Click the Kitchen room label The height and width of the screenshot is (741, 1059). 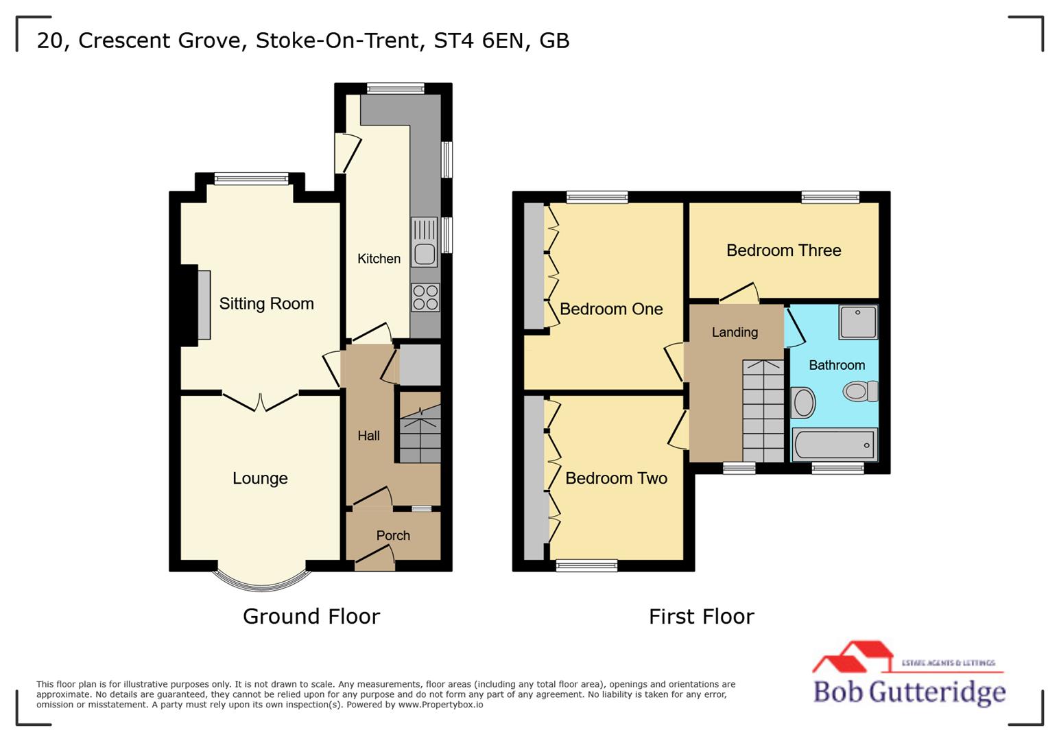[x=379, y=259]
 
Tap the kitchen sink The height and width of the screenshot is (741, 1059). [x=425, y=242]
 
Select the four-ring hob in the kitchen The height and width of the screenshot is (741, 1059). [x=425, y=298]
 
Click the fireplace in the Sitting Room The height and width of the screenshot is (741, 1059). [x=204, y=305]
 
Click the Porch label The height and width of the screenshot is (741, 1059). [x=393, y=535]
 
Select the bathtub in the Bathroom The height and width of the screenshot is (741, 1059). [x=834, y=445]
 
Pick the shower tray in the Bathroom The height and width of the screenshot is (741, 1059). [x=858, y=322]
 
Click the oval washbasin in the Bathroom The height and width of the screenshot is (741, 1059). [x=803, y=403]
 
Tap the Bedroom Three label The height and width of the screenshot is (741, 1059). [x=783, y=250]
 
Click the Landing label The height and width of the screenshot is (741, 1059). [x=735, y=332]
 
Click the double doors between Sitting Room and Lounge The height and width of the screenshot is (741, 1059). [x=260, y=401]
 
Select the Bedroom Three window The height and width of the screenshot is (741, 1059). [x=830, y=198]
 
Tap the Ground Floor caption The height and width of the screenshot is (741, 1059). [x=311, y=616]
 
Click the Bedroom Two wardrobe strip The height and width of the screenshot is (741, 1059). [x=533, y=478]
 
